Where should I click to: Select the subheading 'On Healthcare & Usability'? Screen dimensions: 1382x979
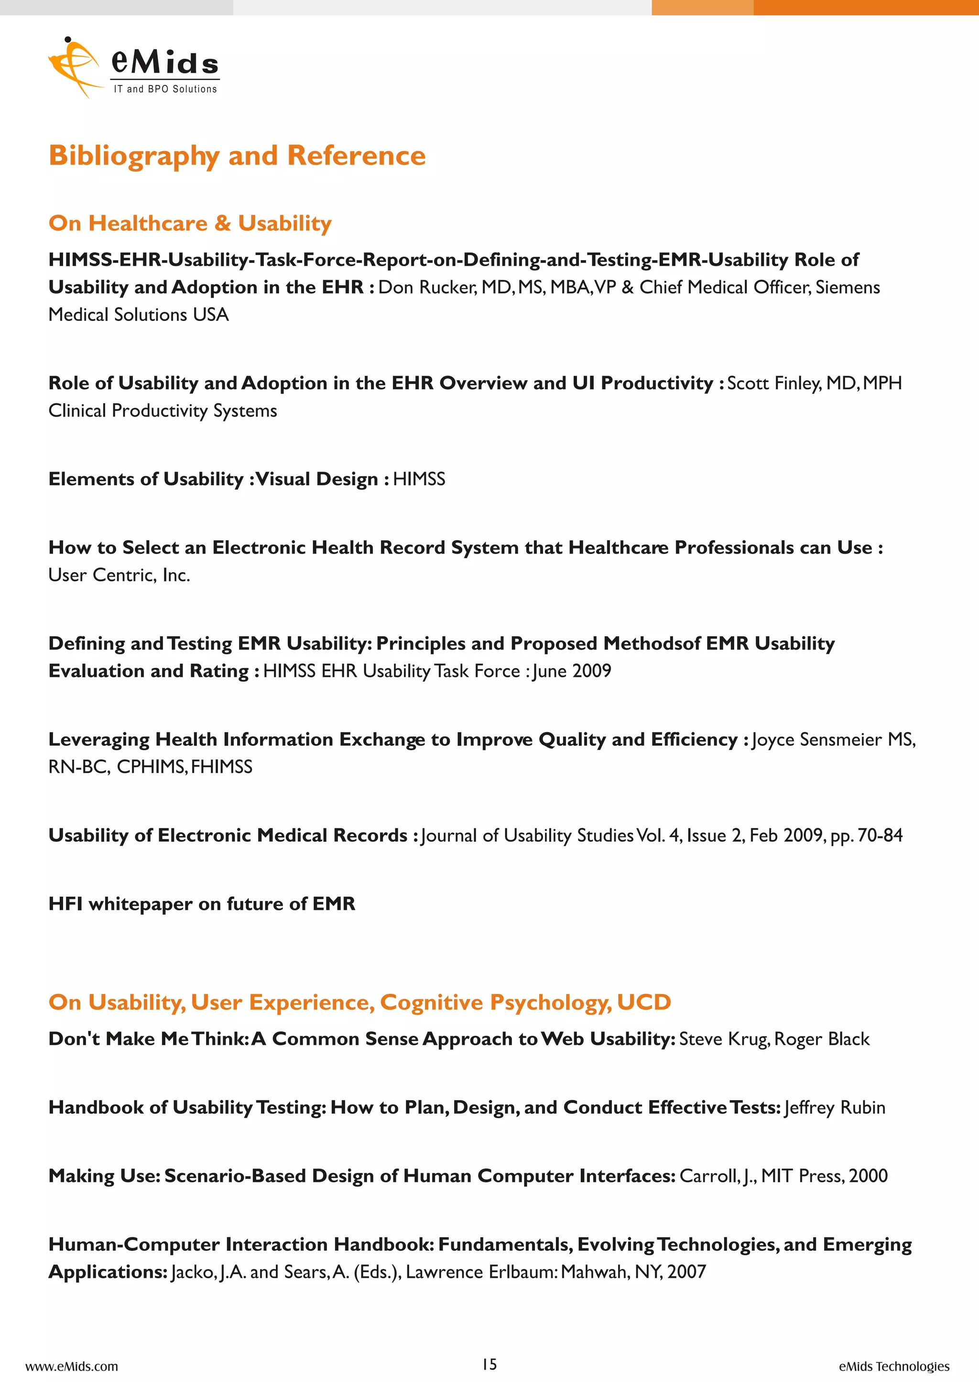coord(190,224)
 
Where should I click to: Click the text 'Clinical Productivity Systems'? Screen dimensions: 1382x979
coord(163,411)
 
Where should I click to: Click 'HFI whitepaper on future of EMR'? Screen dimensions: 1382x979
coord(202,904)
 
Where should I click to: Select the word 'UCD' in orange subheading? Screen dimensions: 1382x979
coord(644,1002)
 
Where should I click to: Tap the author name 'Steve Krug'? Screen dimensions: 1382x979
coord(723,1039)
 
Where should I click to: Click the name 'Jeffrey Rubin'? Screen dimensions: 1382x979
coord(835,1108)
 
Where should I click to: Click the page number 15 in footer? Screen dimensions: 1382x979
coord(489,1364)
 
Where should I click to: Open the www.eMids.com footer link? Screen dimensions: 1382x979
coord(72,1366)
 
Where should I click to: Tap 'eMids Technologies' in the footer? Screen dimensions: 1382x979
coord(894,1366)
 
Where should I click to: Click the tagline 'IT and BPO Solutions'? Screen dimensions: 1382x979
coord(165,89)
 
